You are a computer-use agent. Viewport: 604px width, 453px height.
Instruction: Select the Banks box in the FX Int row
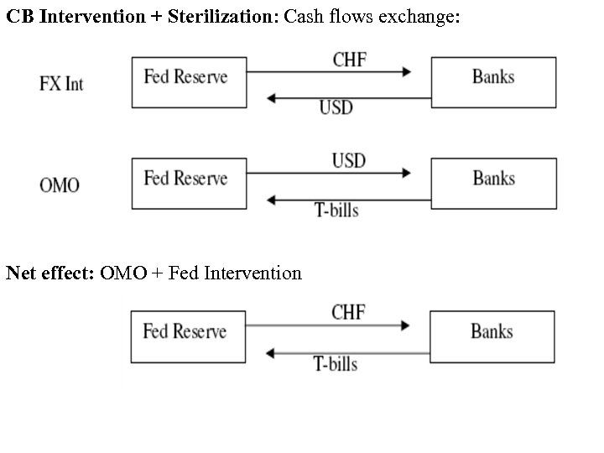[x=493, y=82]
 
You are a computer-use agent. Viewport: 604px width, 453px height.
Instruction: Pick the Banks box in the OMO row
[x=493, y=183]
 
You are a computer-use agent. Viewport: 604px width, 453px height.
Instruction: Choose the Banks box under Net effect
[x=492, y=336]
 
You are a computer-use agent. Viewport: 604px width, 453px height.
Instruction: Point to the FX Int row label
[x=62, y=84]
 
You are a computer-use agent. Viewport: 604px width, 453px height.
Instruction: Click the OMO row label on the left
[x=60, y=185]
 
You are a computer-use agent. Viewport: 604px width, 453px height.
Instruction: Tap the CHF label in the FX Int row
[x=349, y=59]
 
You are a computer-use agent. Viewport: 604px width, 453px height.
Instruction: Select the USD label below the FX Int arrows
[x=336, y=107]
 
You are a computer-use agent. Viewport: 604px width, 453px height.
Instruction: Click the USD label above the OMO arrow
[x=349, y=159]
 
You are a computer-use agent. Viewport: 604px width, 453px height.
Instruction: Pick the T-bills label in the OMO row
[x=336, y=210]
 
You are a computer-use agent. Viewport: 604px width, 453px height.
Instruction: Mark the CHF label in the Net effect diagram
[x=348, y=312]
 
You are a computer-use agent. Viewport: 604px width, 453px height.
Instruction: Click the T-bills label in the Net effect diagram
[x=336, y=363]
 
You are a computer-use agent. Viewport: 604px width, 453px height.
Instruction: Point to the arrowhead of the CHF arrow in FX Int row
[x=407, y=73]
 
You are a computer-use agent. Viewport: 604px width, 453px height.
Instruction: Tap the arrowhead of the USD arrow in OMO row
[x=407, y=174]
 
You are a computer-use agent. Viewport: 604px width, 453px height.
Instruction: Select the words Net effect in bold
[x=50, y=273]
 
